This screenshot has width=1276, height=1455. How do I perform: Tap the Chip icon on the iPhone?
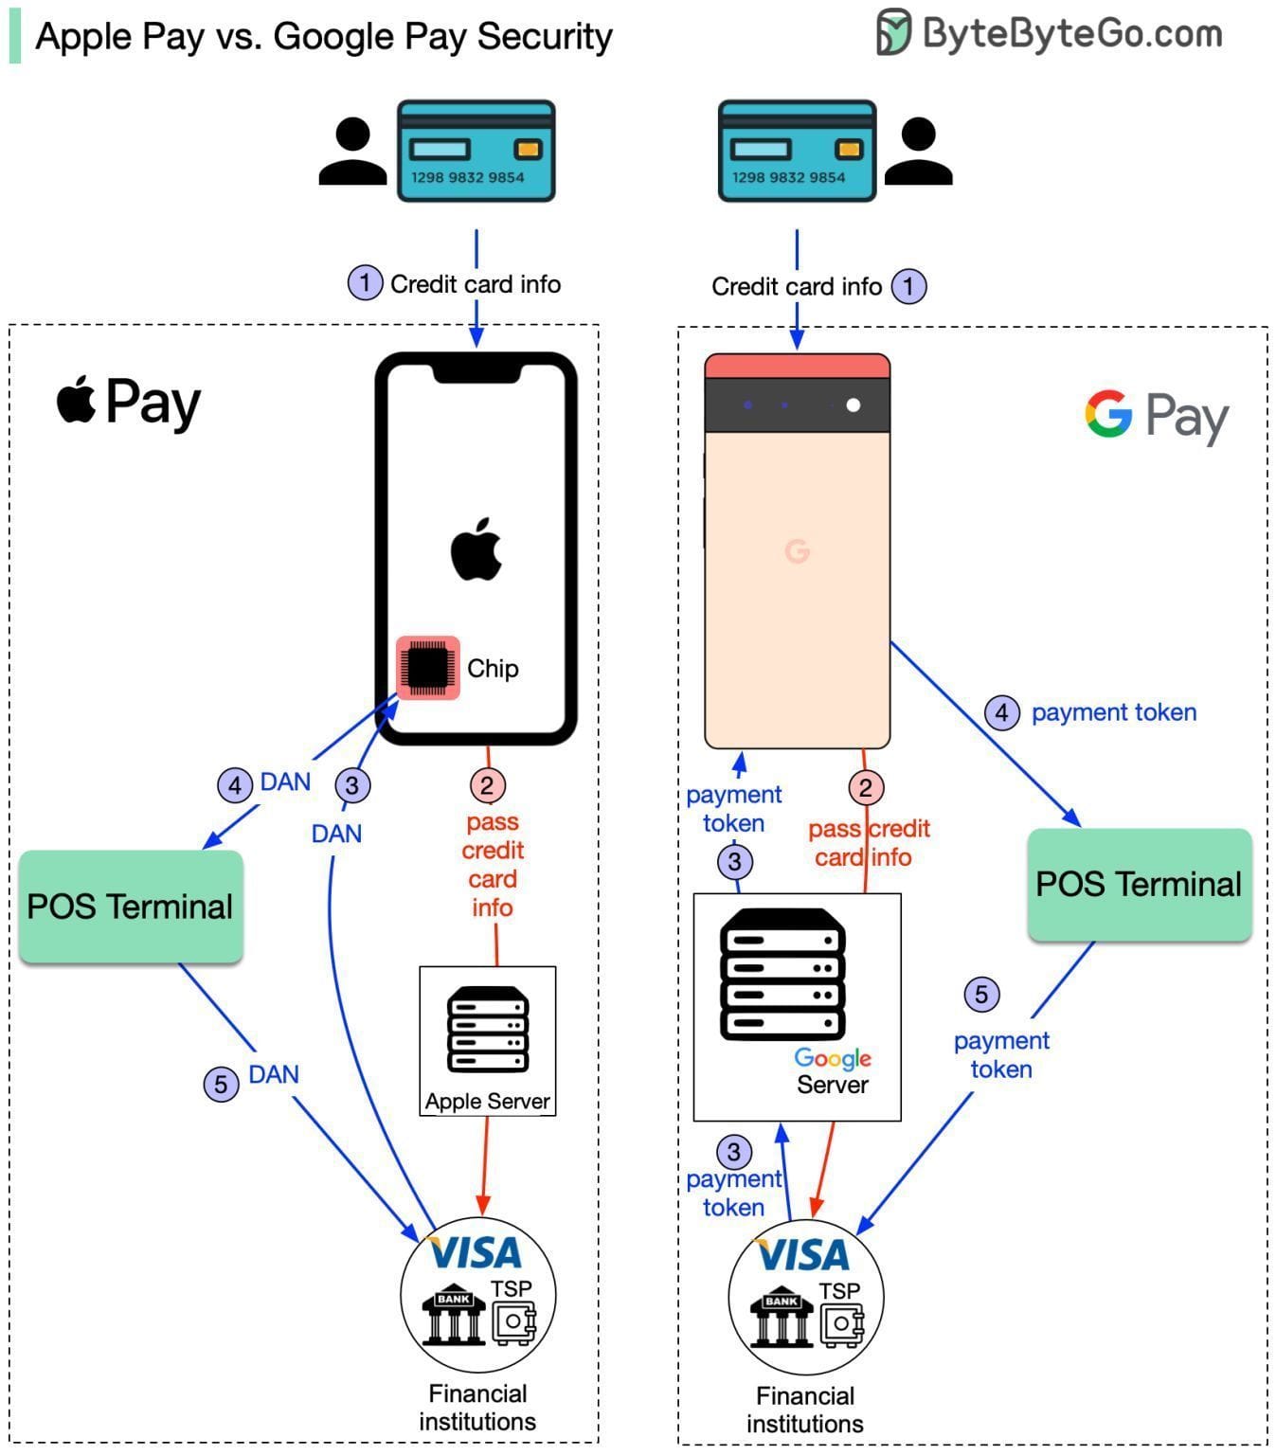tap(428, 668)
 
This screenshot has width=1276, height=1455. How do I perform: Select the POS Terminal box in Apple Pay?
tap(131, 907)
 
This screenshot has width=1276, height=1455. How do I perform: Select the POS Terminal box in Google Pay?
tap(1139, 885)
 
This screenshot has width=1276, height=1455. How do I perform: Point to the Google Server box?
tap(797, 1007)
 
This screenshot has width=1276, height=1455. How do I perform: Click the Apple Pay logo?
tap(129, 402)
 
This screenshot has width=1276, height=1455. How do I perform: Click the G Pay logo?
tap(1156, 415)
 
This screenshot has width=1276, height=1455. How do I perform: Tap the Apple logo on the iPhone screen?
tap(476, 549)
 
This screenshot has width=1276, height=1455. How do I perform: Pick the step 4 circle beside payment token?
tap(1002, 712)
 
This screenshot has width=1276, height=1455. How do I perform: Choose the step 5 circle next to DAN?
tap(221, 1084)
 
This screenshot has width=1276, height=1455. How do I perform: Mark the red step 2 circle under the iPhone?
tap(487, 785)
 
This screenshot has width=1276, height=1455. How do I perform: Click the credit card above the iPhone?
tap(476, 152)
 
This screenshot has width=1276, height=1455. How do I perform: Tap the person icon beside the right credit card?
tap(918, 152)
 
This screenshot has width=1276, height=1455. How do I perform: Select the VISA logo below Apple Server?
tap(476, 1253)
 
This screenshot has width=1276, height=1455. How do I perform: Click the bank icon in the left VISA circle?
tap(454, 1315)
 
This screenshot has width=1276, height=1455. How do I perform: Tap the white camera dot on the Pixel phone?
tap(854, 405)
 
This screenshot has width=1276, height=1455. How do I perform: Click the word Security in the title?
tap(545, 36)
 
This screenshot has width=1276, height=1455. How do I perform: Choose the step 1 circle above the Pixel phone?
tap(908, 286)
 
